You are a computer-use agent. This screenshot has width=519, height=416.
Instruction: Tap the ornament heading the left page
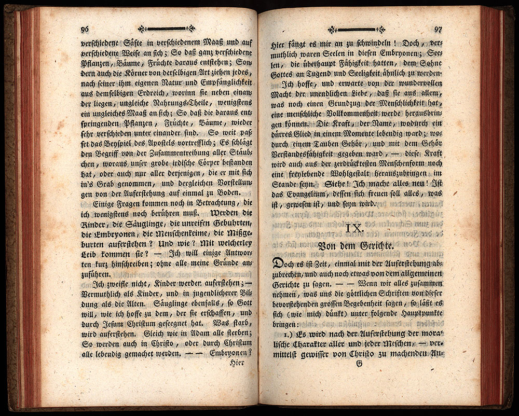(166, 29)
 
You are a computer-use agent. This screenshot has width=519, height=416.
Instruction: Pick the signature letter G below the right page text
(359, 364)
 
